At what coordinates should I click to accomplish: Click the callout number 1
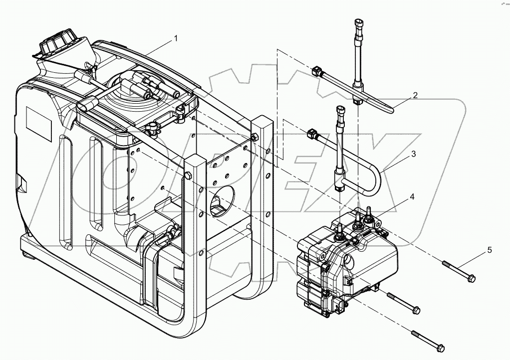175,38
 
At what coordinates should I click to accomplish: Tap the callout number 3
413,155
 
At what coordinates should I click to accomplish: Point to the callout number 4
412,197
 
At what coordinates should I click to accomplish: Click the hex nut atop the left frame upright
188,175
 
